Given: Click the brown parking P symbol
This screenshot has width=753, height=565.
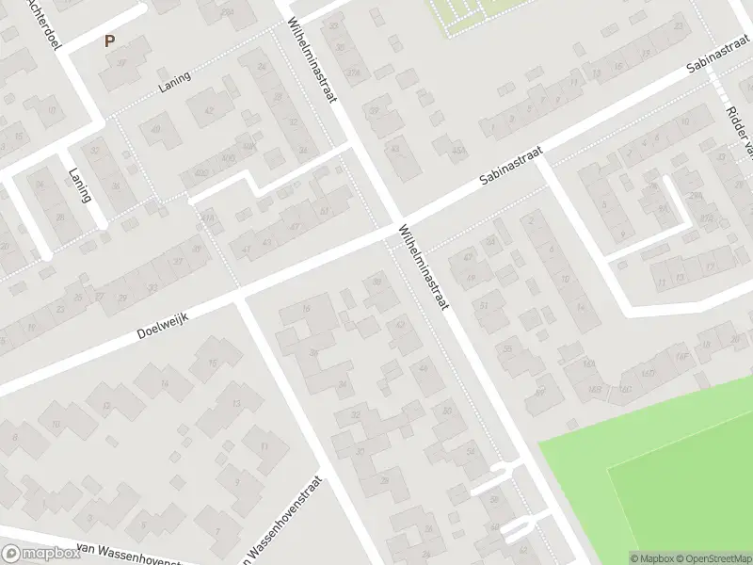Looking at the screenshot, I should [x=109, y=41].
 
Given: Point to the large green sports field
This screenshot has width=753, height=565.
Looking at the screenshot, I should [x=659, y=471].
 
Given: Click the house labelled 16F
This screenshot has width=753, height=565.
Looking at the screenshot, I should [x=680, y=356].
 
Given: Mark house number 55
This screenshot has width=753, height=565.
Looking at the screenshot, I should [x=508, y=349].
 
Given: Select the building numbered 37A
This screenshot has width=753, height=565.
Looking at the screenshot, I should [x=353, y=73].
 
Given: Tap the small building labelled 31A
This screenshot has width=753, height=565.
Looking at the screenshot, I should [x=207, y=218].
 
